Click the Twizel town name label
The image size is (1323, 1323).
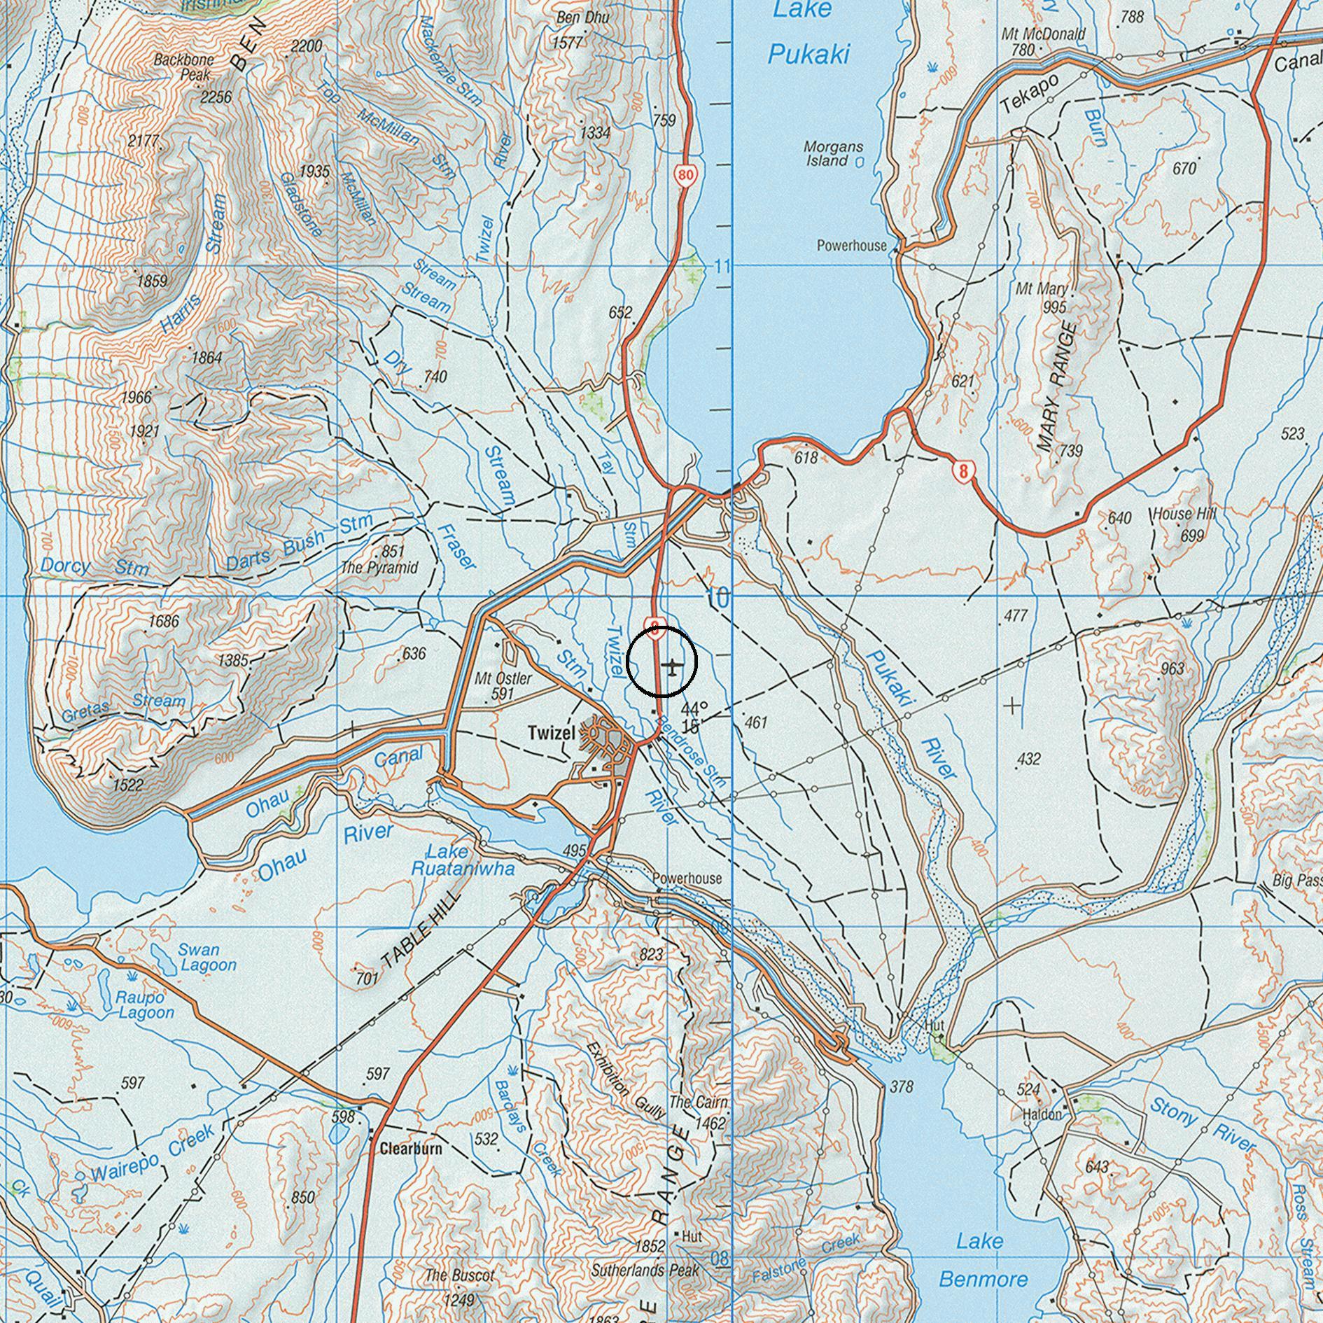pyautogui.click(x=551, y=733)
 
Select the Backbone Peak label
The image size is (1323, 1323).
pyautogui.click(x=183, y=67)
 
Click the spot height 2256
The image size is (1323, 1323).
pyautogui.click(x=216, y=97)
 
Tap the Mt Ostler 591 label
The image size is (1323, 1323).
pyautogui.click(x=503, y=686)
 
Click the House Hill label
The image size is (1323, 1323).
pyautogui.click(x=1184, y=514)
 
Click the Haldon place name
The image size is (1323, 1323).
pyautogui.click(x=1042, y=1114)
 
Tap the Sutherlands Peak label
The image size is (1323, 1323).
pyautogui.click(x=645, y=1270)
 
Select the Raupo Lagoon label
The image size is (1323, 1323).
pyautogui.click(x=146, y=1005)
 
